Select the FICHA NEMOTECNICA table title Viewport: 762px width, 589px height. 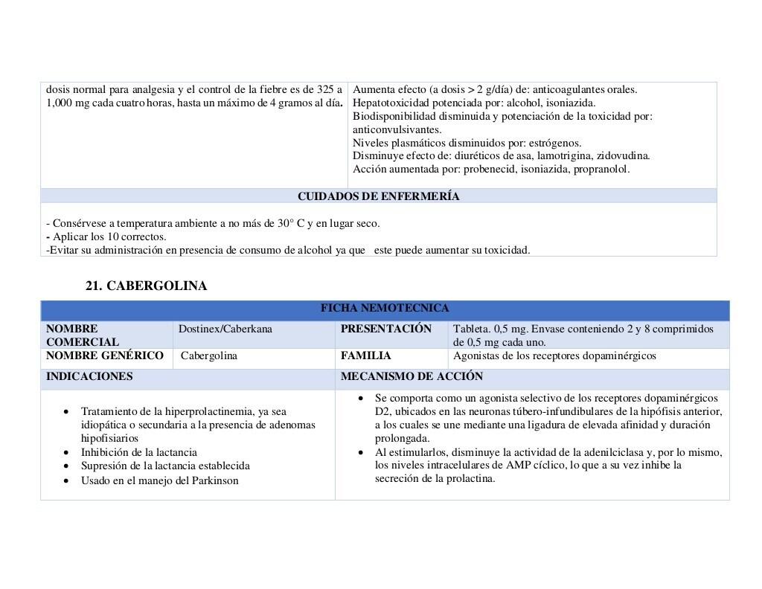tap(385, 308)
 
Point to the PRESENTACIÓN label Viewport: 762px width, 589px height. tap(385, 329)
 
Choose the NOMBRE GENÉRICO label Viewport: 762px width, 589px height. tap(104, 355)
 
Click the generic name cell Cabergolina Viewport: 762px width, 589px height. tap(209, 356)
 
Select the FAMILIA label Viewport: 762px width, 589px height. tap(365, 355)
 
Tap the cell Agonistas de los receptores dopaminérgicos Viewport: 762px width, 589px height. tap(554, 355)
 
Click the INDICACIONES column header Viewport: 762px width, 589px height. tap(89, 376)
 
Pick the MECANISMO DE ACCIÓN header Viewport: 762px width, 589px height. tap(412, 376)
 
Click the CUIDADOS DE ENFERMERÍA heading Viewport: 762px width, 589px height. tap(378, 196)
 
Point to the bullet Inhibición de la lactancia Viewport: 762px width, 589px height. tap(139, 452)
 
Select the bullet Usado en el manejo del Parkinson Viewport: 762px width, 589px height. tap(160, 480)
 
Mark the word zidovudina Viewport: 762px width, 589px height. tap(624, 155)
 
